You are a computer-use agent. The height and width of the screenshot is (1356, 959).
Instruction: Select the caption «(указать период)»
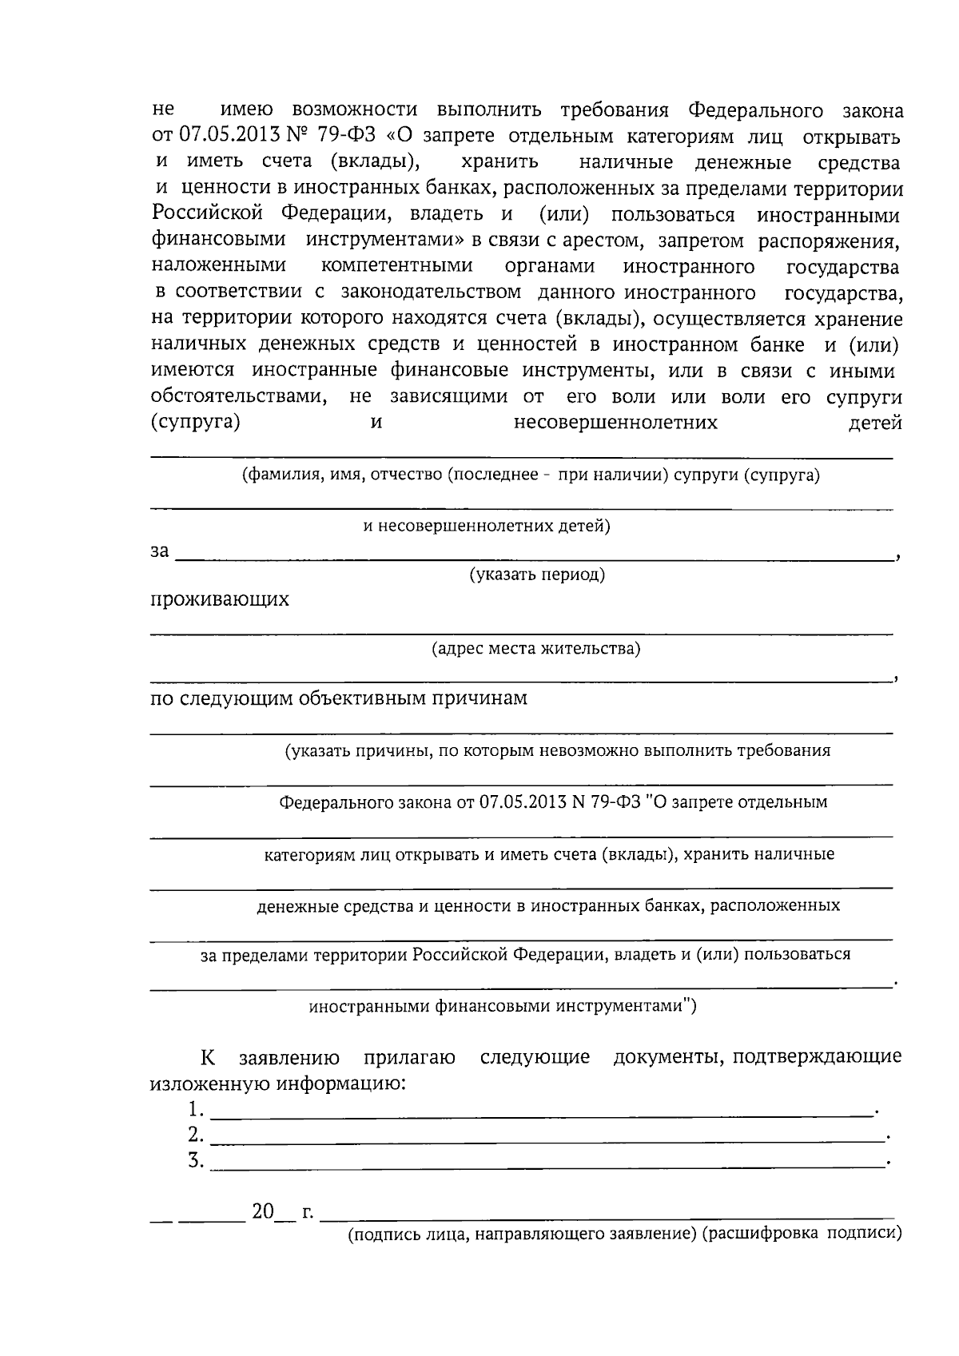[536, 575]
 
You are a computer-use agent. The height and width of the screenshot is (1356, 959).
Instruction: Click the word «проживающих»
[220, 599]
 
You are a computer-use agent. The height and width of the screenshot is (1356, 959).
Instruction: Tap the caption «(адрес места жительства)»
[535, 648]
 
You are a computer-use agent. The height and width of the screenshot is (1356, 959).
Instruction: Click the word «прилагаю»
[409, 1058]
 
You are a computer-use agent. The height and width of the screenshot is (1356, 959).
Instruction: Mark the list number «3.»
[196, 1160]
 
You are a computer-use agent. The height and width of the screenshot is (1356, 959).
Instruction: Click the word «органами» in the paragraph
[550, 266]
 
